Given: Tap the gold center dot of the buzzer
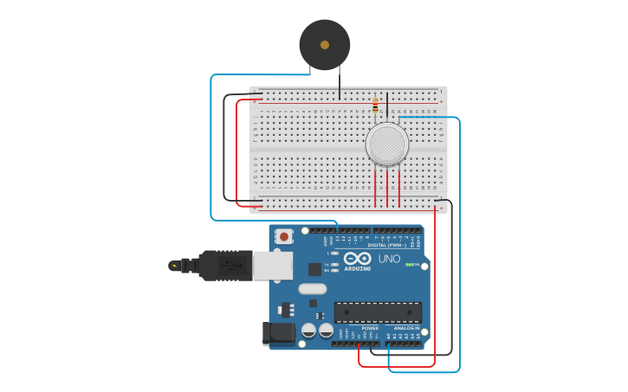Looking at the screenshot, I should click(325, 45).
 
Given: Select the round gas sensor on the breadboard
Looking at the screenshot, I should click(386, 144).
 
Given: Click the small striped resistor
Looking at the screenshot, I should click(375, 105).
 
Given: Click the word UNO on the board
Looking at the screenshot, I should click(389, 259).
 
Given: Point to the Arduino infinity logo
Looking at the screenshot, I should click(357, 258).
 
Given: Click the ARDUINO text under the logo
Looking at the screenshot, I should click(357, 269).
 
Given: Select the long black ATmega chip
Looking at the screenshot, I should click(378, 312).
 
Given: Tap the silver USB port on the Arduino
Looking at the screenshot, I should click(272, 266).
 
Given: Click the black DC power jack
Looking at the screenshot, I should click(279, 332).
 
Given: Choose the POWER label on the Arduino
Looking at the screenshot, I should click(370, 329).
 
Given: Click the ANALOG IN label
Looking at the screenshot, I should click(406, 329).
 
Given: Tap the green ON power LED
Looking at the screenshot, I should click(409, 264).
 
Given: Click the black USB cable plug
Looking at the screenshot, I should click(225, 265).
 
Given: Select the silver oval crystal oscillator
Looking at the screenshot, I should click(312, 289).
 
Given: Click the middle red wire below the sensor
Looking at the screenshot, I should click(387, 188).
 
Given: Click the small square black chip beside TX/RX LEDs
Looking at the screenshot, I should click(314, 269).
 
